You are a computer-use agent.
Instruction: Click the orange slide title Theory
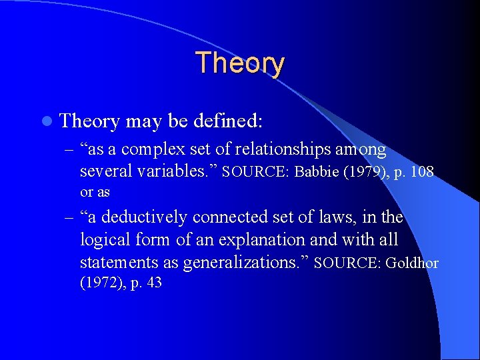pyautogui.click(x=240, y=63)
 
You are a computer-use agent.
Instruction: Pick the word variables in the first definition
pyautogui.click(x=175, y=172)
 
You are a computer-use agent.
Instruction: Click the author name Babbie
pyautogui.click(x=316, y=173)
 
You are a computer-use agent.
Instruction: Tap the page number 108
pyautogui.click(x=422, y=173)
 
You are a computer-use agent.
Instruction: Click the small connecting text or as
pyautogui.click(x=95, y=192)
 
